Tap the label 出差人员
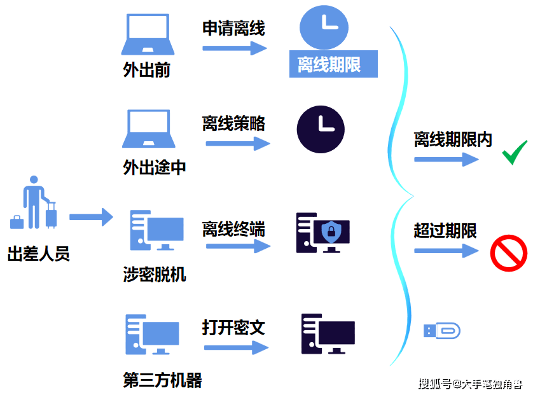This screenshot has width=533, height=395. pyautogui.click(x=38, y=254)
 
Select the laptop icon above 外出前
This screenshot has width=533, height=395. pyautogui.click(x=147, y=35)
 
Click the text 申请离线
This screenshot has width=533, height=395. pyautogui.click(x=234, y=28)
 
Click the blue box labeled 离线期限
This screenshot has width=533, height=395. pyautogui.click(x=333, y=65)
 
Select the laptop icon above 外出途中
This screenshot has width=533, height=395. pyautogui.click(x=148, y=131)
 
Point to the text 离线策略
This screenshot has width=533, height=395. pyautogui.click(x=234, y=123)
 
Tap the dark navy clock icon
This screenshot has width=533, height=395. pyautogui.click(x=321, y=129)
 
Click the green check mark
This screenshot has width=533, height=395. pyautogui.click(x=515, y=153)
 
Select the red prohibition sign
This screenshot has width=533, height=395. pyautogui.click(x=509, y=253)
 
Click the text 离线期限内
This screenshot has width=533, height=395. pyautogui.click(x=453, y=140)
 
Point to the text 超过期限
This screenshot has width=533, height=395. pyautogui.click(x=445, y=230)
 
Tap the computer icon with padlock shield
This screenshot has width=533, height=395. pyautogui.click(x=322, y=233)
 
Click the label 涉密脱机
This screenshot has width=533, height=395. pyautogui.click(x=155, y=274)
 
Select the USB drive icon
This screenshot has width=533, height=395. pyautogui.click(x=441, y=331)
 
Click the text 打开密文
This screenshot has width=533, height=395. pyautogui.click(x=234, y=328)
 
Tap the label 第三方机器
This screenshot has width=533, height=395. pyautogui.click(x=162, y=380)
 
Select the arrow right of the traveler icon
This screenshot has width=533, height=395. pyautogui.click(x=90, y=218)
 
